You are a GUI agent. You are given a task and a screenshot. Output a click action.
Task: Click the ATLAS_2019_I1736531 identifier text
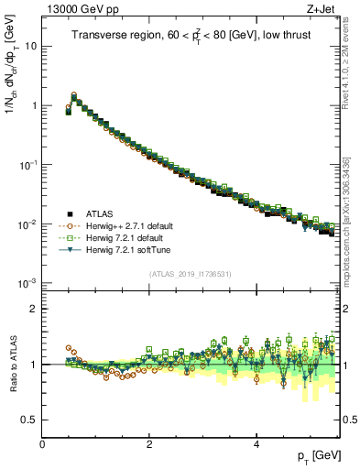[189, 273]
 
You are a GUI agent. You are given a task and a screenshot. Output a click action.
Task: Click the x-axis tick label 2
[149, 443]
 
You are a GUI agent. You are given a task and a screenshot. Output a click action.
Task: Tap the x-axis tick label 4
[256, 443]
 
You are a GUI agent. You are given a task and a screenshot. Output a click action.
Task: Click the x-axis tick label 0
[42, 443]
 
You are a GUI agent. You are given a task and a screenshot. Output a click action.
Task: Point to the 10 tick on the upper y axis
[30, 46]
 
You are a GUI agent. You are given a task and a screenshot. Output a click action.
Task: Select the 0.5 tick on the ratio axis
[28, 420]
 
